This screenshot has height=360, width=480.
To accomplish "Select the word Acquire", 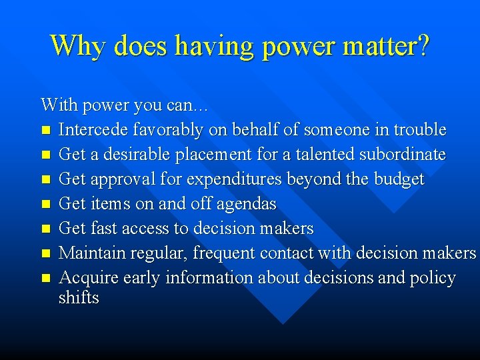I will (x=87, y=277).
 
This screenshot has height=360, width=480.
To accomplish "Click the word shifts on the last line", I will (x=79, y=297).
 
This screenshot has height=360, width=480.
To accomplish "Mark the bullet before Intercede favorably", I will (x=45, y=130).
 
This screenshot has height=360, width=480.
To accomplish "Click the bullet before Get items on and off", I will (x=45, y=204).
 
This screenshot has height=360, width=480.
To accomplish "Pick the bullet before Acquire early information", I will (x=45, y=278).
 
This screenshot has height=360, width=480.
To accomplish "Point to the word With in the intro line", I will (x=55, y=105).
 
